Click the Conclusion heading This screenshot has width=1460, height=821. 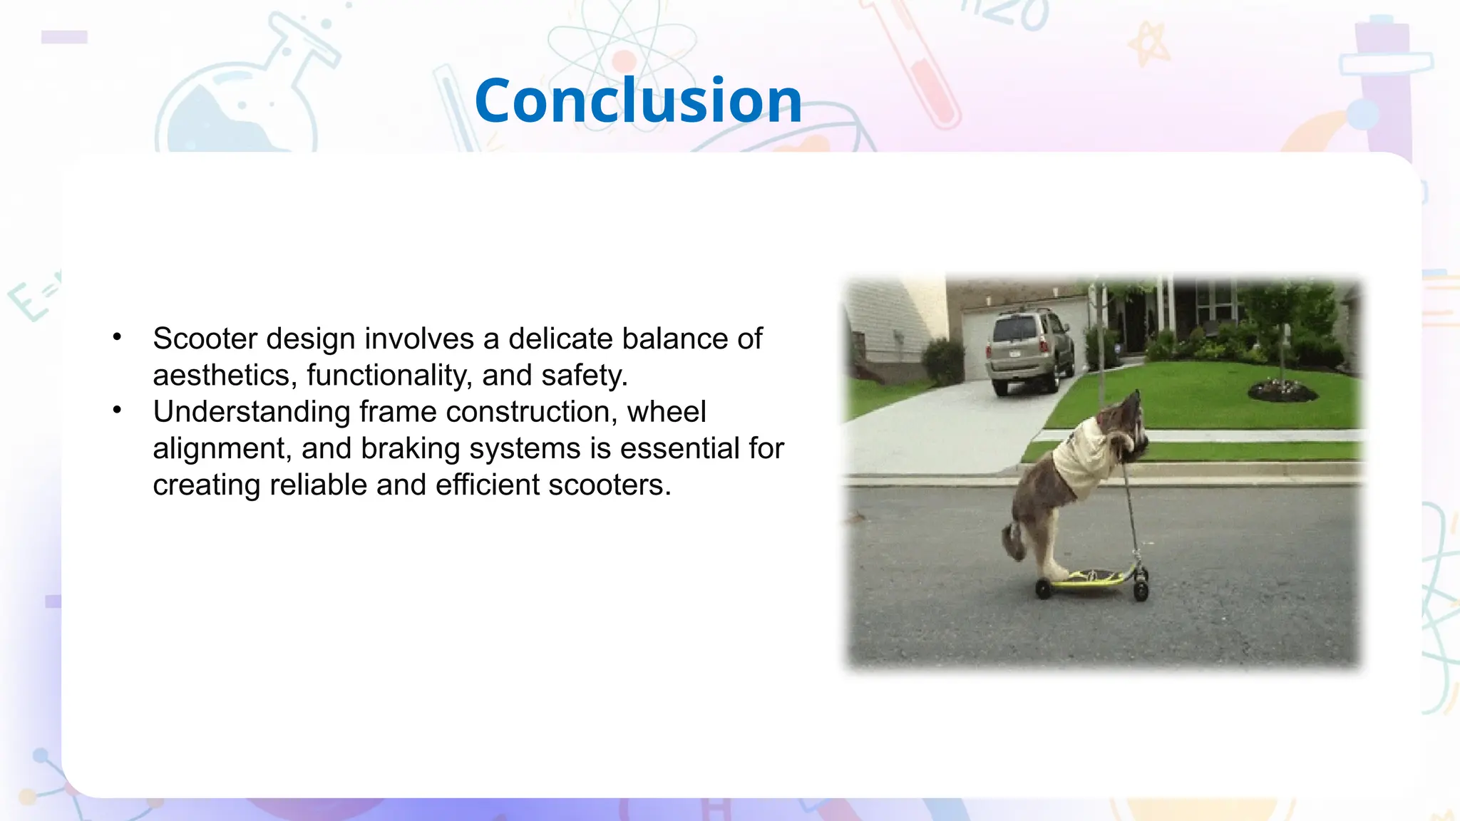tap(638, 100)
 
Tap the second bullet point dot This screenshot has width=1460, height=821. tap(118, 410)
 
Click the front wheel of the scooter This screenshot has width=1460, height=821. tap(1141, 590)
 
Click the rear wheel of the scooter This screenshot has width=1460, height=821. tap(1044, 589)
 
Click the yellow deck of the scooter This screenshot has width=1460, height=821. tap(1091, 578)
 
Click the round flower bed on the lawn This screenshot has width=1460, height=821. tap(1281, 391)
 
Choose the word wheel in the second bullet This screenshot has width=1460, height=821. tap(667, 412)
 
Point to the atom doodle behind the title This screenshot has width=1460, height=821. tap(622, 50)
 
